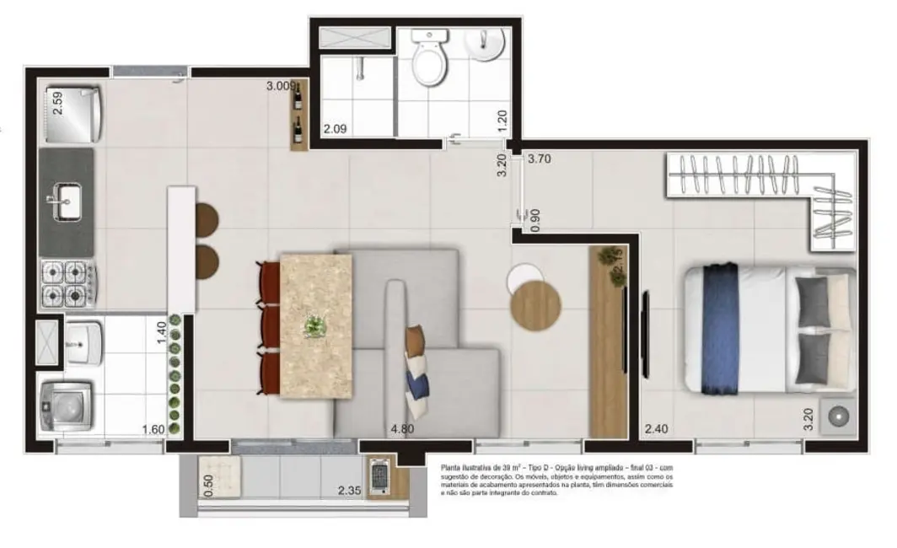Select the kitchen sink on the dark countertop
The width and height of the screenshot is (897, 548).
pos(66,203)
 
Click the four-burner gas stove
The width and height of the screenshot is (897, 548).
pos(67,282)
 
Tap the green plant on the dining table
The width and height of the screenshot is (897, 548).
pos(315,325)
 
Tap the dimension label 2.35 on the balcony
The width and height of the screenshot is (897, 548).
pos(350,491)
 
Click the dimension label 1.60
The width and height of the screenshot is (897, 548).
pos(153,430)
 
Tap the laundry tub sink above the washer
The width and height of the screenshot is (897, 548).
pos(83,339)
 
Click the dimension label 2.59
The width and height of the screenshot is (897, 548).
pos(56,102)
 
